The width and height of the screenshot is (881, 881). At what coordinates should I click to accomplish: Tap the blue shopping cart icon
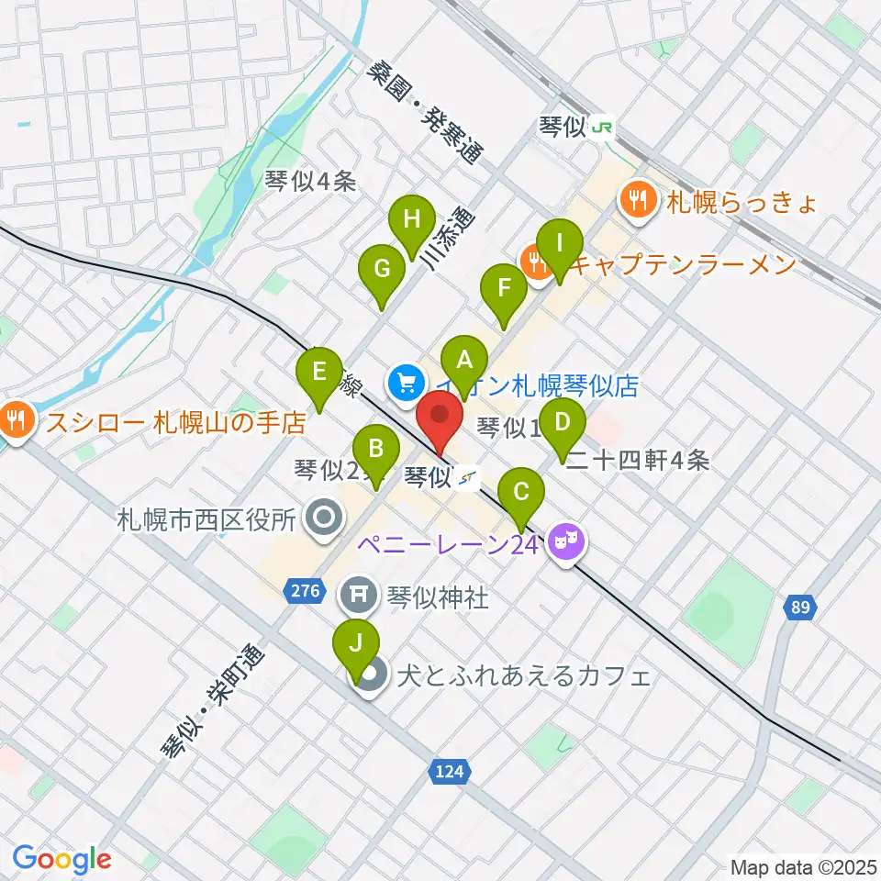tap(404, 383)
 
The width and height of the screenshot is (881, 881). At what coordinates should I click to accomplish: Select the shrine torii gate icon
tap(356, 597)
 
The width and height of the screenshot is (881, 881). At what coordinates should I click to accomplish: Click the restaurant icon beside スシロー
tap(16, 422)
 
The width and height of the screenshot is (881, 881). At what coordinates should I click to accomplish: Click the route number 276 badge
tap(305, 591)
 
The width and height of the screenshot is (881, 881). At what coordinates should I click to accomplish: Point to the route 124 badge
tap(450, 773)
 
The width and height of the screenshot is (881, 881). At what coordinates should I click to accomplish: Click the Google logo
tap(61, 859)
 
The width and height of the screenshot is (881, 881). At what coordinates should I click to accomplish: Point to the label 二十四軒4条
tap(638, 461)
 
